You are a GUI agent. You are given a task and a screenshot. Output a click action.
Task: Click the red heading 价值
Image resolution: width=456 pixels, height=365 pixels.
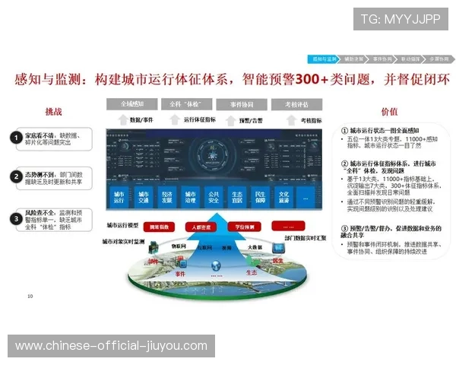click(x=389, y=112)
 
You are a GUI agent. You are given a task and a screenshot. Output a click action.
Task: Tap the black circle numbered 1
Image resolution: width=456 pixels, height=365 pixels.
click(x=15, y=138)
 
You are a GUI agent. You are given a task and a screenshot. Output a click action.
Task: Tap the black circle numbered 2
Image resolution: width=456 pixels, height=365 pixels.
click(x=15, y=176)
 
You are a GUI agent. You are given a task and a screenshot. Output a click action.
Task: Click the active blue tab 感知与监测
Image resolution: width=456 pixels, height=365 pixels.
click(x=322, y=58)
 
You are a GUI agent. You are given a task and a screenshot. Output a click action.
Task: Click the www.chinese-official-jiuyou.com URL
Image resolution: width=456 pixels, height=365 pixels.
click(x=111, y=346)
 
